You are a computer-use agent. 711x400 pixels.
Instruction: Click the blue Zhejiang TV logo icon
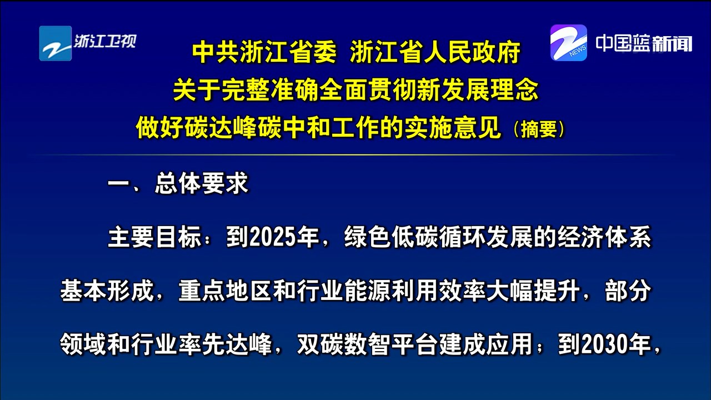tap(56, 43)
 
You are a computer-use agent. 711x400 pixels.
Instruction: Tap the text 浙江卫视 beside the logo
tap(105, 41)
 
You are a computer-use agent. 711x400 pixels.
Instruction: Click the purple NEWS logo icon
tap(569, 43)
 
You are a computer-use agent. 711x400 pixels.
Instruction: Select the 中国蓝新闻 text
tap(644, 43)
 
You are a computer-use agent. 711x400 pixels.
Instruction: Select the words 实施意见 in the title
tap(452, 128)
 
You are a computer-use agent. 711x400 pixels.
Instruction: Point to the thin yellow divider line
tap(355, 154)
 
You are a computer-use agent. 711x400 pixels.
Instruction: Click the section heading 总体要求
tap(201, 183)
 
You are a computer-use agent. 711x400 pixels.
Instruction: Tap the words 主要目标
tap(154, 237)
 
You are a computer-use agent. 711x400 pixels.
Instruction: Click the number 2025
tap(273, 237)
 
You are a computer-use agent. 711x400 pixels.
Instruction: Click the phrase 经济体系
tap(604, 237)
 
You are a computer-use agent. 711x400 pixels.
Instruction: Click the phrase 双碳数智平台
tap(367, 345)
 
